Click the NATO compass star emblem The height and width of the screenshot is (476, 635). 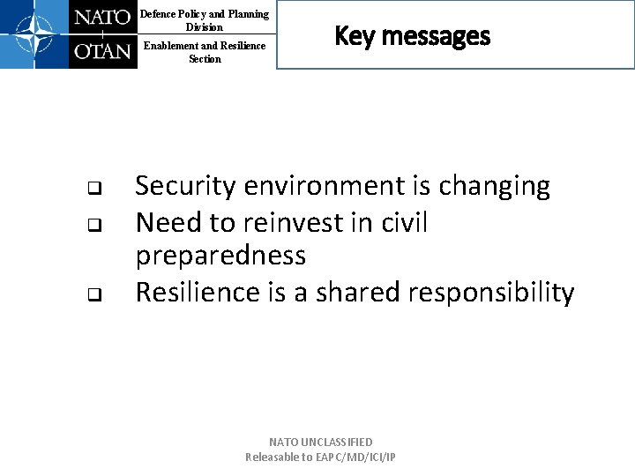(34, 34)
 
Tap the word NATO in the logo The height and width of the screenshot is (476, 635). (102, 18)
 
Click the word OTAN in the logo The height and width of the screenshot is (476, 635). (102, 51)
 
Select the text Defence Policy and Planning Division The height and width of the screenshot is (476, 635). (205, 20)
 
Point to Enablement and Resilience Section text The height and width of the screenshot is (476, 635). (205, 52)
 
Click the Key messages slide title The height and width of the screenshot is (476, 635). (412, 36)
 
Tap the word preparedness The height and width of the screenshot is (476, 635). (220, 257)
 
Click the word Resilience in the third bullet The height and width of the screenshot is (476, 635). (198, 292)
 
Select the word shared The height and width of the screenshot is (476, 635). (358, 292)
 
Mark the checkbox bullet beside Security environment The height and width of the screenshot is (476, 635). (92, 188)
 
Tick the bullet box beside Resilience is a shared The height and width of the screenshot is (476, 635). (92, 294)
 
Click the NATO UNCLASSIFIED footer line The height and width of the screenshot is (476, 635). (321, 442)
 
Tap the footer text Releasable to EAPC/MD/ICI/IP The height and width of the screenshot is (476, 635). (321, 457)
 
